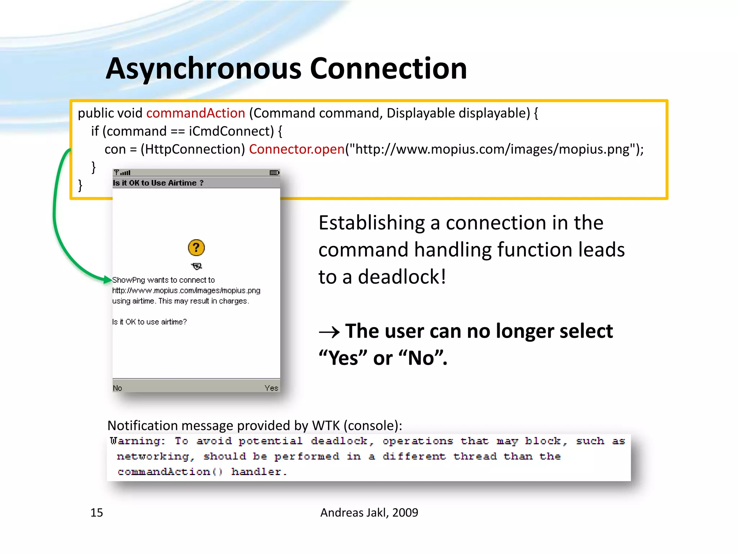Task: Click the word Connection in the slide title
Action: pyautogui.click(x=388, y=69)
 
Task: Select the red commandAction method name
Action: pyautogui.click(x=195, y=113)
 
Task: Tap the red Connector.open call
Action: pyautogui.click(x=297, y=149)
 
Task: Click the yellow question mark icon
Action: pyautogui.click(x=196, y=248)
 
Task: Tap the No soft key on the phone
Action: pyautogui.click(x=117, y=388)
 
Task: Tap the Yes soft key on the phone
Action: pyautogui.click(x=271, y=388)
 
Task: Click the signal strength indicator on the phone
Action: pyautogui.click(x=123, y=173)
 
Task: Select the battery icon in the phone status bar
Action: pyautogui.click(x=274, y=173)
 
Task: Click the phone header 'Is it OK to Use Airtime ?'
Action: pyautogui.click(x=158, y=183)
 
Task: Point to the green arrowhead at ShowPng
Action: pyautogui.click(x=107, y=279)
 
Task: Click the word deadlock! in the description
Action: pyautogui.click(x=402, y=277)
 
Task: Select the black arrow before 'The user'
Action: pyautogui.click(x=329, y=332)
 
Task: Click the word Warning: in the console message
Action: pyautogui.click(x=137, y=441)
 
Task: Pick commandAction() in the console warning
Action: pyautogui.click(x=170, y=472)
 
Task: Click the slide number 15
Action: pyautogui.click(x=97, y=513)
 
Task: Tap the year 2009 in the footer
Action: pyautogui.click(x=405, y=513)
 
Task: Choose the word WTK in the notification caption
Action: pyautogui.click(x=326, y=426)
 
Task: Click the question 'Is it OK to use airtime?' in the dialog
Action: pyautogui.click(x=149, y=322)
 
